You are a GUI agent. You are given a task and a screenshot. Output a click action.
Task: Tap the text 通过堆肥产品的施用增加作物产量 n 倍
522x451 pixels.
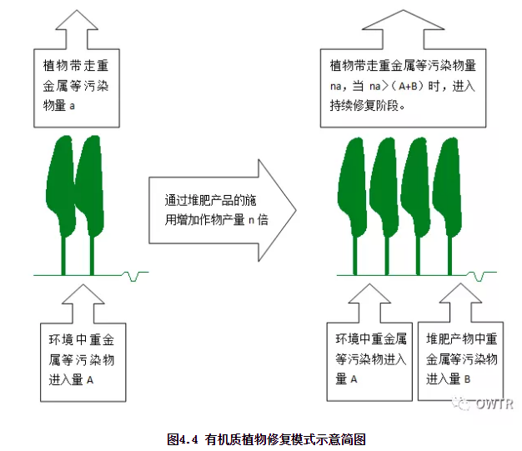[214, 211]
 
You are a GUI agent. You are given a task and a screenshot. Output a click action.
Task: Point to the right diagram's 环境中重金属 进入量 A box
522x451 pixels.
[370, 359]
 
